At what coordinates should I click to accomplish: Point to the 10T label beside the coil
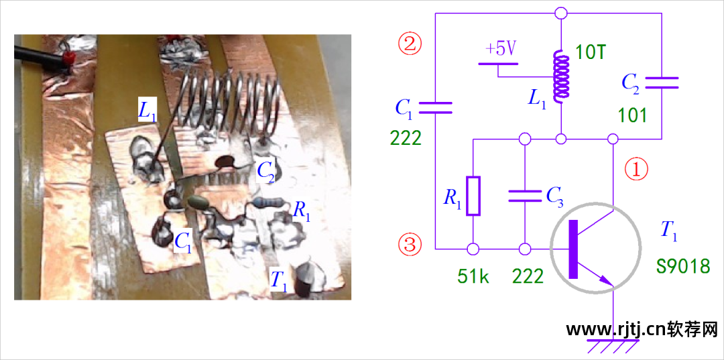(x=591, y=52)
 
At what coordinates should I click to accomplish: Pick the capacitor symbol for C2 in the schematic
(x=662, y=82)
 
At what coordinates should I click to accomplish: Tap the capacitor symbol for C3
(x=524, y=195)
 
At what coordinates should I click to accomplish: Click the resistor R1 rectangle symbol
(x=473, y=196)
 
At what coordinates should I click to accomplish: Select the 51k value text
(x=473, y=276)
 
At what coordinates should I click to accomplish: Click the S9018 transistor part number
(x=683, y=266)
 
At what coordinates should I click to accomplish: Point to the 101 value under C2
(x=633, y=115)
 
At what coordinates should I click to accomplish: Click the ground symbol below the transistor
(x=613, y=346)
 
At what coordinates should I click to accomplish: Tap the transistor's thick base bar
(x=572, y=249)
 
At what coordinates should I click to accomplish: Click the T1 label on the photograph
(x=279, y=280)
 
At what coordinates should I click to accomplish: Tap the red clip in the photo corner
(x=66, y=59)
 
